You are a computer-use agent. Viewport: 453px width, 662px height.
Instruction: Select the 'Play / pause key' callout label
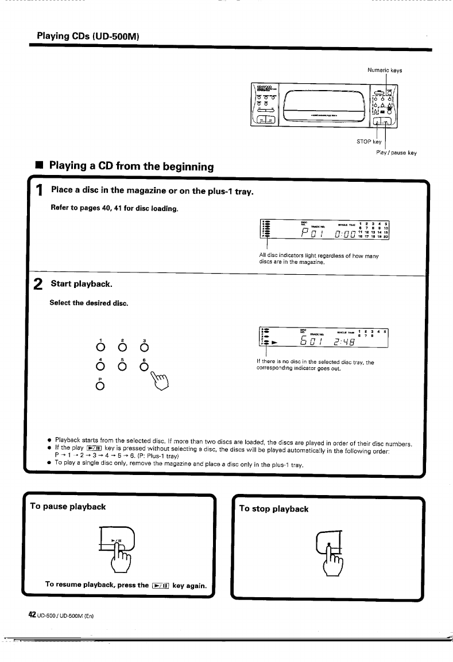[396, 153]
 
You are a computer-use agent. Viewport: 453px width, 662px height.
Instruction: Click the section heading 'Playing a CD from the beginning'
[131, 166]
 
